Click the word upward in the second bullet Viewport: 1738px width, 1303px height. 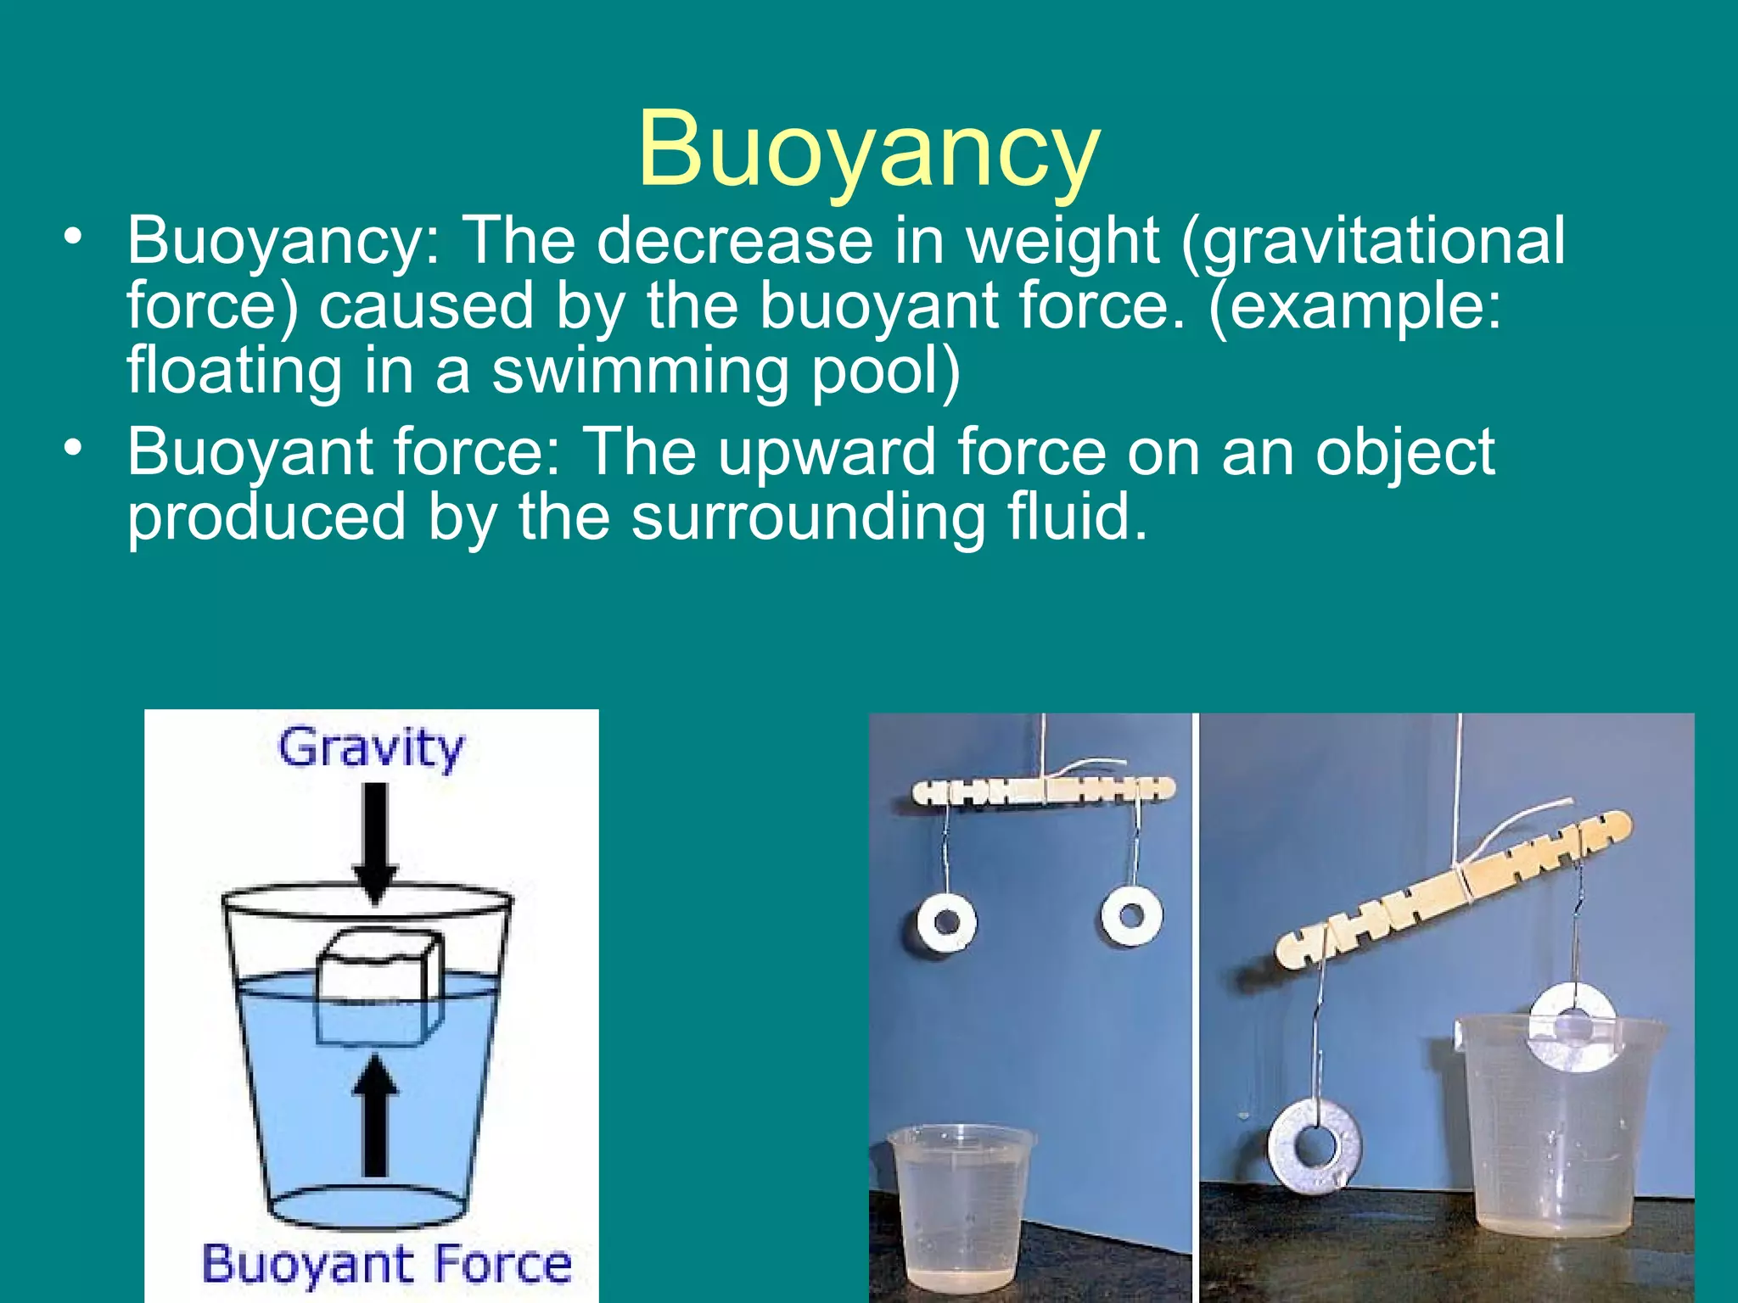(828, 452)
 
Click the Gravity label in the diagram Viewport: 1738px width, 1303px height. (372, 748)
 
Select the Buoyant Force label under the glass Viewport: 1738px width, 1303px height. (386, 1264)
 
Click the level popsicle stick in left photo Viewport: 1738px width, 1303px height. (1043, 791)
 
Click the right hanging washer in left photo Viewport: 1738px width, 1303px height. (1130, 916)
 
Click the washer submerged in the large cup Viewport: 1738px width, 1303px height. (1572, 1026)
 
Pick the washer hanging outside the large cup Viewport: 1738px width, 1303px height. (1315, 1145)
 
